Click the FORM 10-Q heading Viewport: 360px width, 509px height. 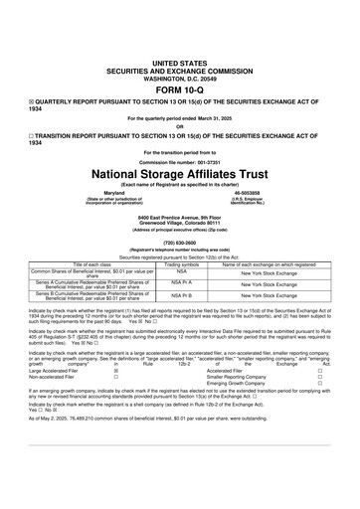point(179,86)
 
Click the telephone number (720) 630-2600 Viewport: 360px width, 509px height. point(179,240)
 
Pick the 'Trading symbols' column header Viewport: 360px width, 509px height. point(182,264)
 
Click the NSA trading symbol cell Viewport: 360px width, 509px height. point(182,271)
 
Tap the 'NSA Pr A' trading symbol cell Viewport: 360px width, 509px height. point(182,283)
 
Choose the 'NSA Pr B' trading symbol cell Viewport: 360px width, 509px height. point(182,295)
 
